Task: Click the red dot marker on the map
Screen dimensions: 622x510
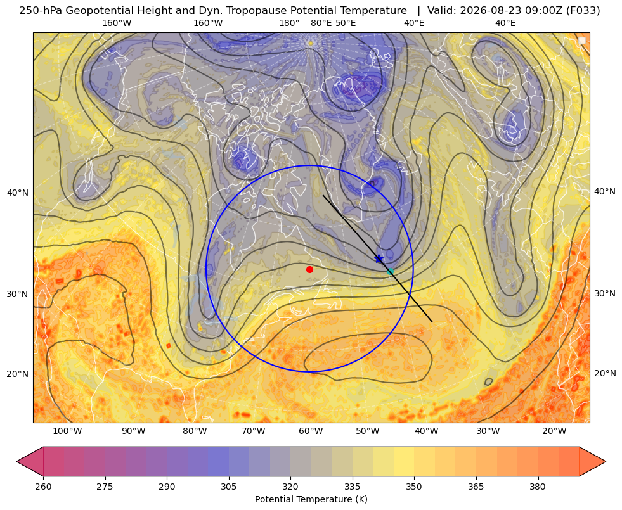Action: pyautogui.click(x=310, y=269)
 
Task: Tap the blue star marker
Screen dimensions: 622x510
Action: pyautogui.click(x=379, y=258)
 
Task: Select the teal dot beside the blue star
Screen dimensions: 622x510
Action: pyautogui.click(x=390, y=271)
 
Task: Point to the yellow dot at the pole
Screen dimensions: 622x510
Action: pyautogui.click(x=311, y=43)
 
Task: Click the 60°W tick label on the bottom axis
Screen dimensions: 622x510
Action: pyautogui.click(x=311, y=431)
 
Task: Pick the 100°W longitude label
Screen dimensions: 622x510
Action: pyautogui.click(x=67, y=431)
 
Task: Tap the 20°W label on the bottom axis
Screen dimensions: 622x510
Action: pyautogui.click(x=554, y=431)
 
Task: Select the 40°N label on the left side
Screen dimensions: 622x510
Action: pyautogui.click(x=18, y=193)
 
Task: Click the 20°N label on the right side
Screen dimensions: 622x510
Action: pyautogui.click(x=605, y=373)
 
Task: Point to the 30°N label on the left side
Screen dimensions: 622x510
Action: pyautogui.click(x=18, y=294)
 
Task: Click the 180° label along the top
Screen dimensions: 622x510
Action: pyautogui.click(x=289, y=23)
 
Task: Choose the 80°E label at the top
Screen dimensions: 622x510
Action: pyautogui.click(x=321, y=23)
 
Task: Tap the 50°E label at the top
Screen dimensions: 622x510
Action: pyautogui.click(x=346, y=23)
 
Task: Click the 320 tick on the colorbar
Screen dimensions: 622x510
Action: pyautogui.click(x=290, y=487)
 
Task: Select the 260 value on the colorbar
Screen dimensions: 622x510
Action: pyautogui.click(x=43, y=487)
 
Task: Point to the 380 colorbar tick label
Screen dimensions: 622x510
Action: pyautogui.click(x=538, y=487)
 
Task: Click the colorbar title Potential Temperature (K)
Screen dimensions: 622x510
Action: pyautogui.click(x=311, y=499)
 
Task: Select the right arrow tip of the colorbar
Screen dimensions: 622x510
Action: pyautogui.click(x=606, y=461)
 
